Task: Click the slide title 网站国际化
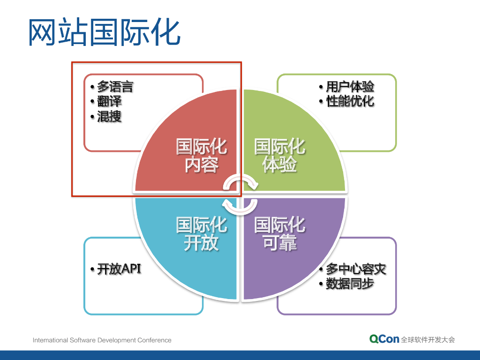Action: coord(104,33)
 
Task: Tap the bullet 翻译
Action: coord(109,101)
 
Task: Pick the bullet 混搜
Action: coord(109,116)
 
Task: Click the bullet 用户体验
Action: coord(350,87)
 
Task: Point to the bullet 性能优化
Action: coord(350,101)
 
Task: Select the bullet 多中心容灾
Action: coord(355,270)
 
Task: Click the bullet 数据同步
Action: coord(350,284)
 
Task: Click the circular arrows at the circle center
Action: coord(240,194)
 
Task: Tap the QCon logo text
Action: coord(384,339)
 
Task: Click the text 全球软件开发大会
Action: coord(428,340)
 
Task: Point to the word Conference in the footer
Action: coord(155,340)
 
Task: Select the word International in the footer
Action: coord(50,340)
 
